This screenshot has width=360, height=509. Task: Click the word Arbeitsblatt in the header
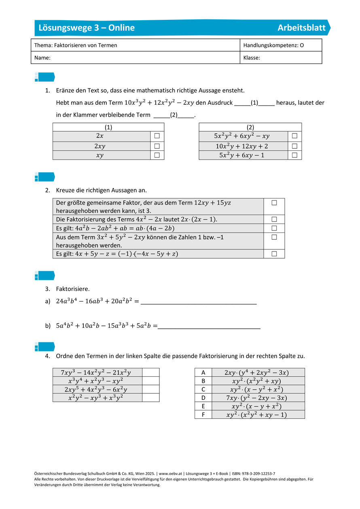(301, 27)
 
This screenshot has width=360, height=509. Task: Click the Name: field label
(42, 58)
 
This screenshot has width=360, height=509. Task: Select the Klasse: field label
(252, 58)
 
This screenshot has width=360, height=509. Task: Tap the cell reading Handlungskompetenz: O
(273, 45)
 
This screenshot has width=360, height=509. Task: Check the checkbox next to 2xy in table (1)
(157, 146)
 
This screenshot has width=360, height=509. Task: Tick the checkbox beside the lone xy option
(157, 155)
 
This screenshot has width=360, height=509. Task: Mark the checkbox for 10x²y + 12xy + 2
(294, 146)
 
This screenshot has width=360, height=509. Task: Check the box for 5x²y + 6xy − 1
(294, 155)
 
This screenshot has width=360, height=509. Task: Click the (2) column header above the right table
(250, 127)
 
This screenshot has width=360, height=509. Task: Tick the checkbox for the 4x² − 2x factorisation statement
(274, 219)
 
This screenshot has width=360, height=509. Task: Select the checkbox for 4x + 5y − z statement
(274, 253)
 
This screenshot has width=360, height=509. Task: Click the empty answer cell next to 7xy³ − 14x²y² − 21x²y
(151, 372)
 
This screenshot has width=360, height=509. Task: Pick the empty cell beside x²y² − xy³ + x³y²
(151, 397)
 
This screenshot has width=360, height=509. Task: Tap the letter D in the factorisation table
(203, 397)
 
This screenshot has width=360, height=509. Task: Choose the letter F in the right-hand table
(203, 414)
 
